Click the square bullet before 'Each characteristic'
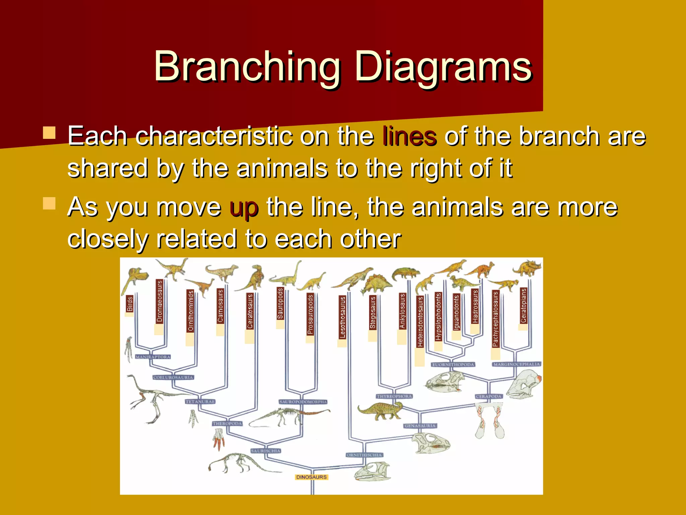[49, 133]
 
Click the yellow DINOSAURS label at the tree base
[311, 477]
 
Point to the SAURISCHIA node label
[266, 451]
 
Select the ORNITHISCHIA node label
[364, 455]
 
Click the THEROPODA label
[227, 423]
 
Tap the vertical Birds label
[130, 304]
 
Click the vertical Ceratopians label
[523, 305]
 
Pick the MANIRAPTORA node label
[153, 357]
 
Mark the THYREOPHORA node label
[394, 396]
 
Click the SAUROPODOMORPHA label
[303, 402]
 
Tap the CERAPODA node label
[488, 396]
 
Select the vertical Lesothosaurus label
[342, 317]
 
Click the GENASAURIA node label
[420, 426]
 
